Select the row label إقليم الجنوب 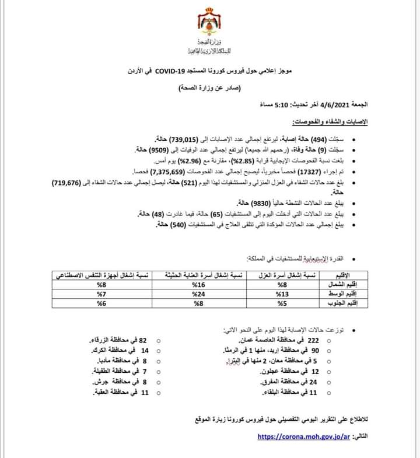click(340, 303)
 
